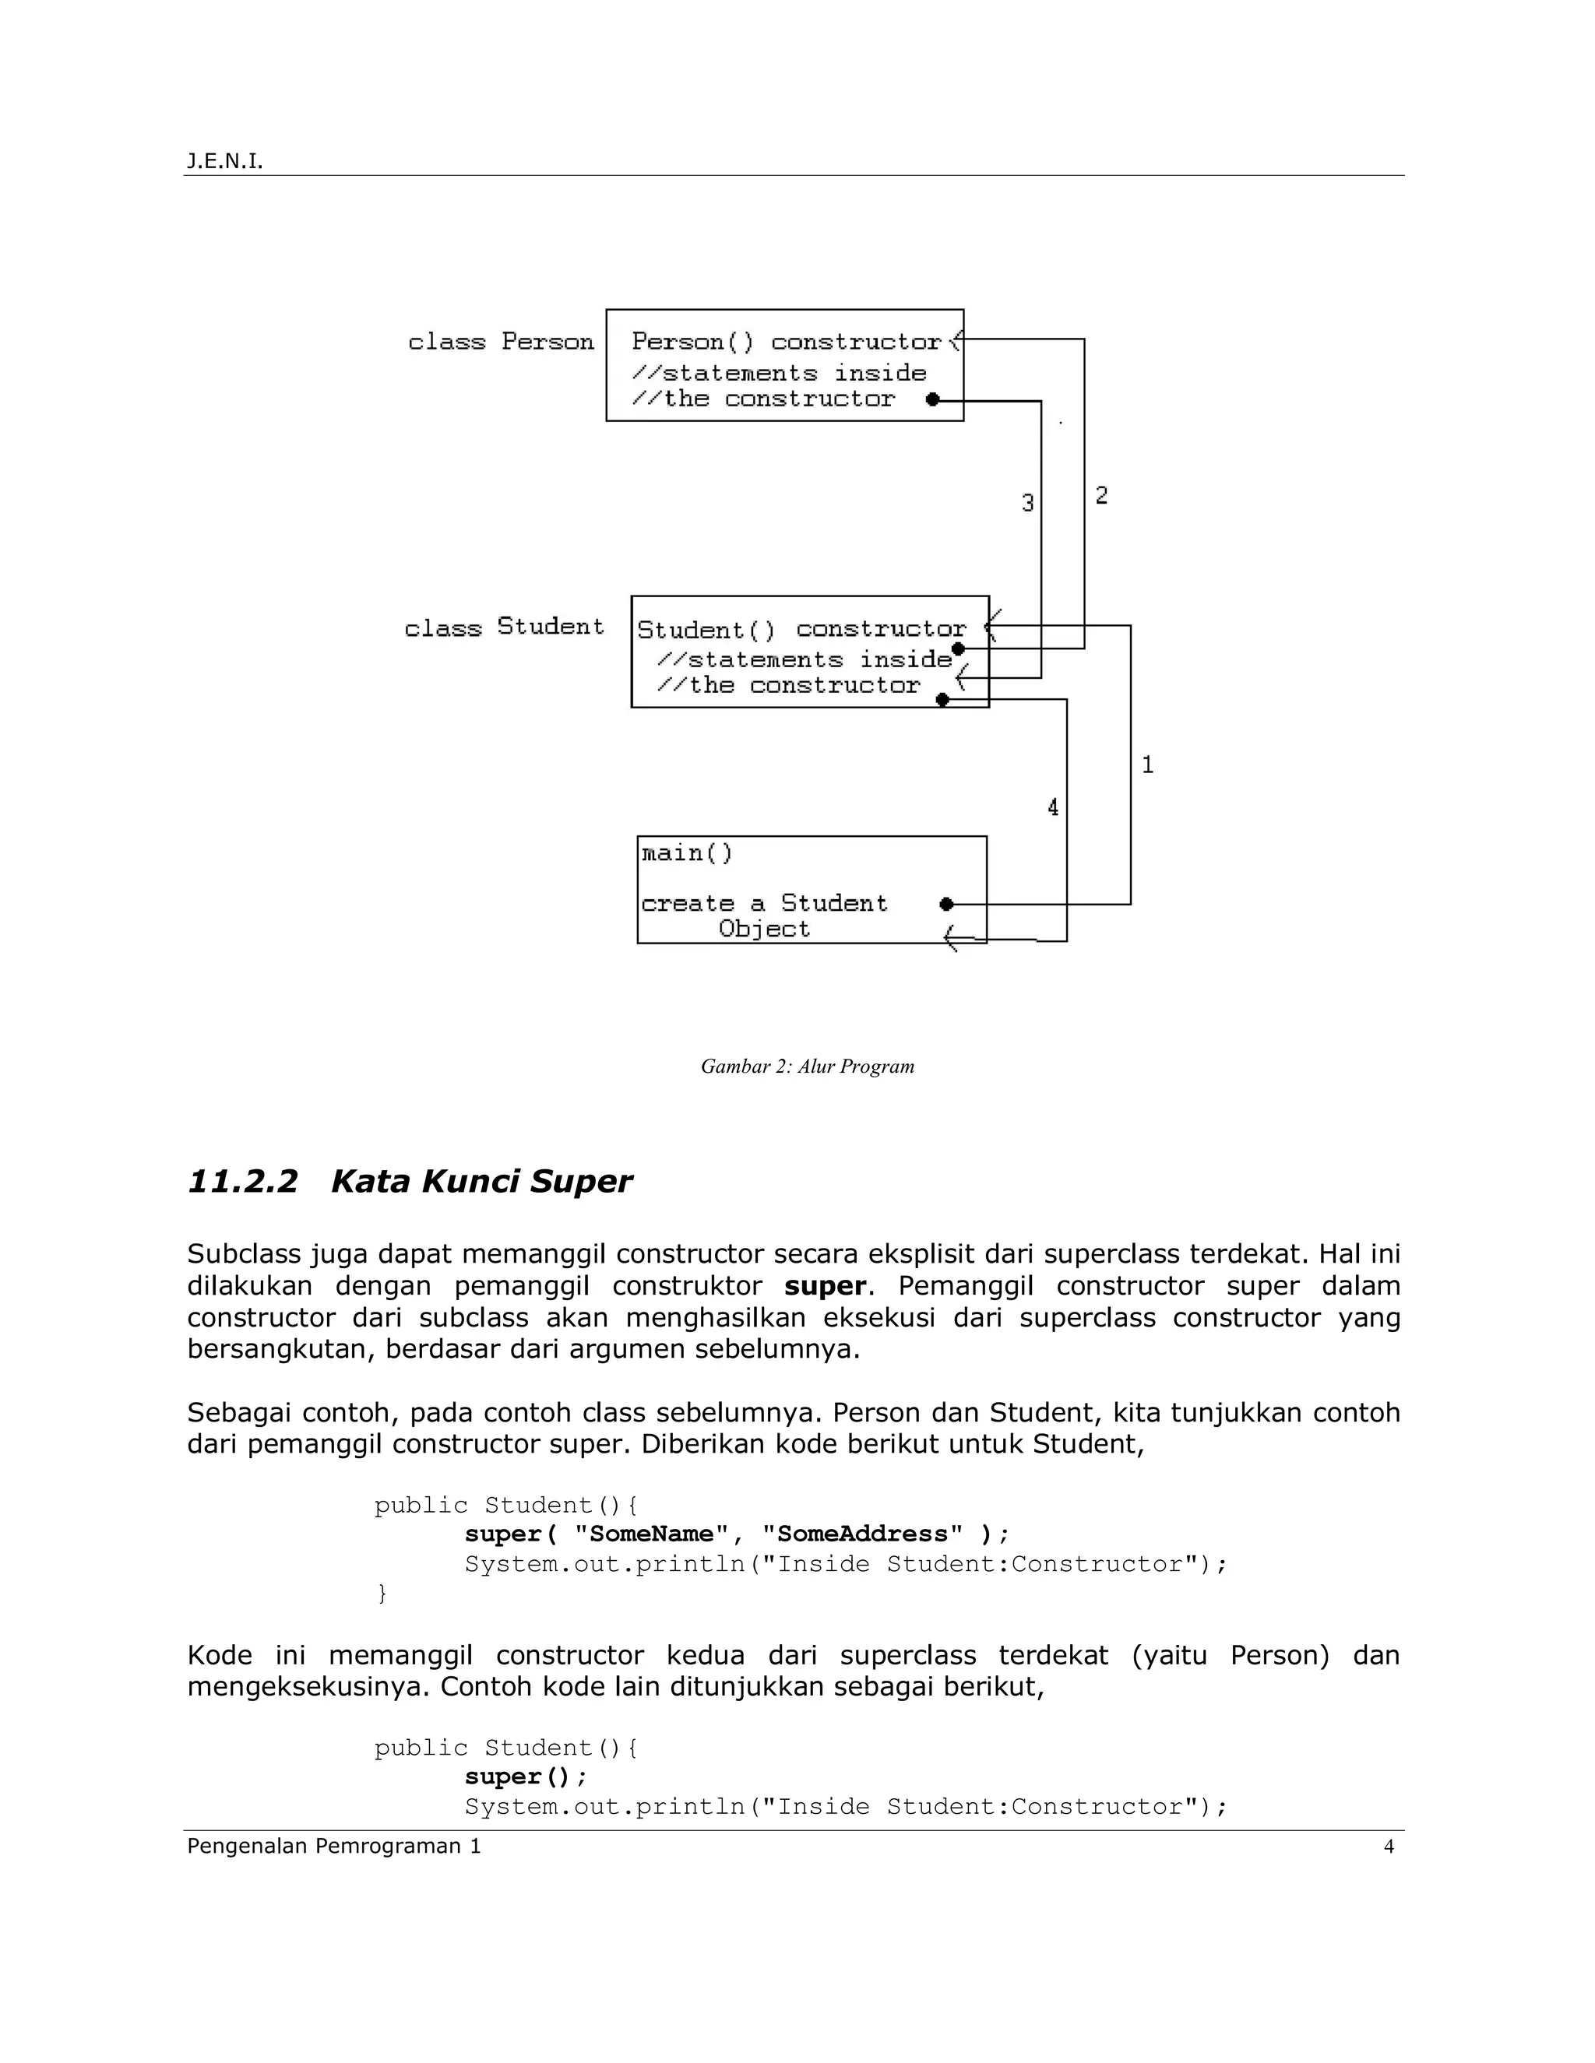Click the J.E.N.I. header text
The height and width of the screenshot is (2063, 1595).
pos(224,161)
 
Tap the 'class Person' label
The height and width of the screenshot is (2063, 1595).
pos(501,342)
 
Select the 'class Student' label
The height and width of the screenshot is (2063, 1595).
pos(504,627)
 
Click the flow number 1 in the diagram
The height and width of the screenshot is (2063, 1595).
pos(1147,764)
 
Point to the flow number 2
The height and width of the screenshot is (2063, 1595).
pos(1100,495)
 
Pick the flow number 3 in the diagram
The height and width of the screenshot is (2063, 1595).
pos(1028,504)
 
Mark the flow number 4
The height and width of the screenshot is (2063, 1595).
pos(1053,807)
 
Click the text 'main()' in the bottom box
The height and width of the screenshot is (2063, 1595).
pos(687,854)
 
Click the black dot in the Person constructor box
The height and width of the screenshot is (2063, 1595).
pos(932,399)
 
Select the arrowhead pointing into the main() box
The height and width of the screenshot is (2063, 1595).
pos(954,939)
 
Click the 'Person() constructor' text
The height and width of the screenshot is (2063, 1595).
pos(786,342)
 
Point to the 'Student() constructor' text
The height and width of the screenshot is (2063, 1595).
pos(801,629)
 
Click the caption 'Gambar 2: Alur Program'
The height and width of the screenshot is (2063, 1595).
pos(807,1067)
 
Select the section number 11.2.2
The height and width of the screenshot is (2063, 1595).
pos(243,1182)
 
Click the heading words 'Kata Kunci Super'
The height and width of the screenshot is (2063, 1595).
pos(481,1182)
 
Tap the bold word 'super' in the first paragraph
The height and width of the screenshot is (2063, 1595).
pos(824,1285)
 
